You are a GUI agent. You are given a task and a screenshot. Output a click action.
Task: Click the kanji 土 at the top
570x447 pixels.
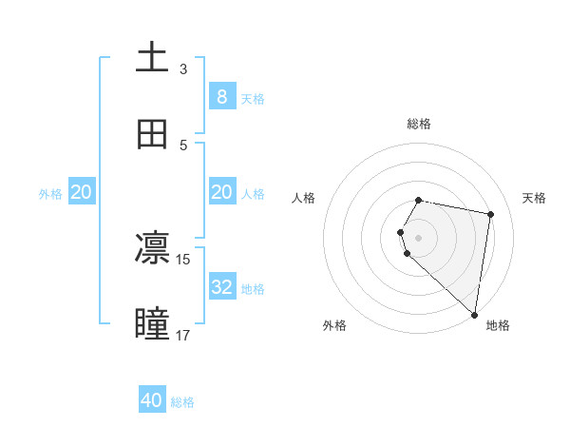click(x=152, y=57)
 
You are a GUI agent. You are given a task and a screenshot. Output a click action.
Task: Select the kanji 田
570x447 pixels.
click(x=152, y=134)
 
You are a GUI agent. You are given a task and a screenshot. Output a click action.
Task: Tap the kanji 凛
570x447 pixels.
click(x=152, y=249)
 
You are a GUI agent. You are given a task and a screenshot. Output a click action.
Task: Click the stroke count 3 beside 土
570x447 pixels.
click(x=183, y=68)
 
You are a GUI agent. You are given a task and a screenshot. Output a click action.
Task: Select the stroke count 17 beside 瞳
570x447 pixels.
click(x=183, y=335)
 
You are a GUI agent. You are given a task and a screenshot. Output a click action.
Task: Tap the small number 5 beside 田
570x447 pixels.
click(x=183, y=145)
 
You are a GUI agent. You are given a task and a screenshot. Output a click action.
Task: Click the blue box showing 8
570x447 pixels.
click(x=222, y=97)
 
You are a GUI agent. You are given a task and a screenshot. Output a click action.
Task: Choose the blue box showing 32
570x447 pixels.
click(x=222, y=287)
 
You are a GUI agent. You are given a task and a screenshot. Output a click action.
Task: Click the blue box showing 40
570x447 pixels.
click(x=152, y=400)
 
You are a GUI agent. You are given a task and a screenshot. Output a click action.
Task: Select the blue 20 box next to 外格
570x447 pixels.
click(x=82, y=192)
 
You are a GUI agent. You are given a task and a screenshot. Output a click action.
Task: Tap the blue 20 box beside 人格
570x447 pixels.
click(x=222, y=192)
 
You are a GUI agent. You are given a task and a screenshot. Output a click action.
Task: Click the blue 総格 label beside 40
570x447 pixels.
click(x=182, y=402)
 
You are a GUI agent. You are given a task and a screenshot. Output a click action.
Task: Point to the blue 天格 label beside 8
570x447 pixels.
click(x=253, y=98)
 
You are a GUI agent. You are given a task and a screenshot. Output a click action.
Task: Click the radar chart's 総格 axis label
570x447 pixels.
click(x=419, y=124)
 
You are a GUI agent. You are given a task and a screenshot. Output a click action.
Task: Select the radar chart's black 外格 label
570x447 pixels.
click(x=334, y=325)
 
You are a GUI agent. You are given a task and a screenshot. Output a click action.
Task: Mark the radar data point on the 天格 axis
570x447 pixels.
click(x=490, y=215)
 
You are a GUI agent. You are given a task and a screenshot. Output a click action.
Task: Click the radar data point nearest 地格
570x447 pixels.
click(x=474, y=314)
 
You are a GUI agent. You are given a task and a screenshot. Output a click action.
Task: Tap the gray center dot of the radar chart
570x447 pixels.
click(x=419, y=237)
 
